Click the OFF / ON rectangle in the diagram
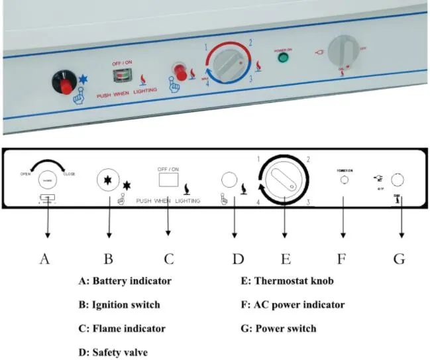(168, 180)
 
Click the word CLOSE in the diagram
(69, 174)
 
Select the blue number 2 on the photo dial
(250, 42)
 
